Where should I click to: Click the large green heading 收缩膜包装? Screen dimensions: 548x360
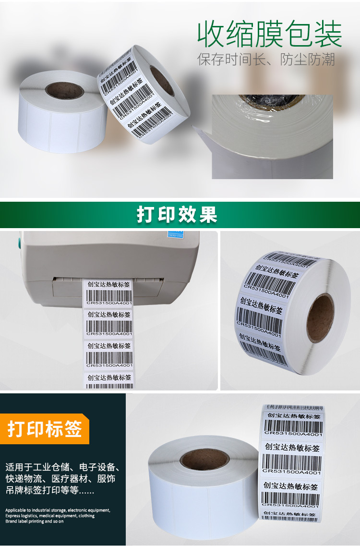[x=270, y=34]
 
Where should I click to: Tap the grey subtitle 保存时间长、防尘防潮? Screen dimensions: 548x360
[x=266, y=60]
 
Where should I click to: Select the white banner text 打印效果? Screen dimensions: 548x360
[x=177, y=215]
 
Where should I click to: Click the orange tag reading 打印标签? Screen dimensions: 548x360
[x=45, y=429]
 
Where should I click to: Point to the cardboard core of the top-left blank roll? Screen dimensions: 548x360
[x=64, y=90]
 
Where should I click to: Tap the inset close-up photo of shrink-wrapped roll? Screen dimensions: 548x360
[x=272, y=136]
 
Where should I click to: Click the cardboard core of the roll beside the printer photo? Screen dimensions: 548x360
[x=320, y=318]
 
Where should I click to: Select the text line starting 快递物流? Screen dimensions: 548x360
[x=60, y=479]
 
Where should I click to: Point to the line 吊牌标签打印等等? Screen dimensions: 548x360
[x=50, y=491]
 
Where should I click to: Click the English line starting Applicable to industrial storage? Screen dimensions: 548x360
[x=58, y=510]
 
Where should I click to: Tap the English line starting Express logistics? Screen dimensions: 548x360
[x=50, y=516]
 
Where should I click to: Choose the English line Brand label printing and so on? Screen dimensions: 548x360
[x=35, y=522]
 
